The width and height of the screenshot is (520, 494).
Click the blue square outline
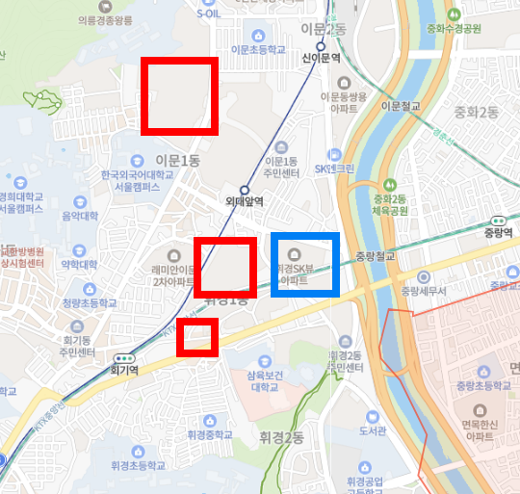tap(304, 263)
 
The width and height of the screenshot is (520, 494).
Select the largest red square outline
tap(180, 95)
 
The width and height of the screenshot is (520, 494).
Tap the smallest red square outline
tap(196, 336)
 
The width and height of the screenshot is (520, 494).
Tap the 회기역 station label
tap(125, 368)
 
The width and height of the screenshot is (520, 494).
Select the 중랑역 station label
tap(500, 231)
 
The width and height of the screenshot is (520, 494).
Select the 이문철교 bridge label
tap(401, 106)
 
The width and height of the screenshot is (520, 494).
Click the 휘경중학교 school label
tap(210, 434)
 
